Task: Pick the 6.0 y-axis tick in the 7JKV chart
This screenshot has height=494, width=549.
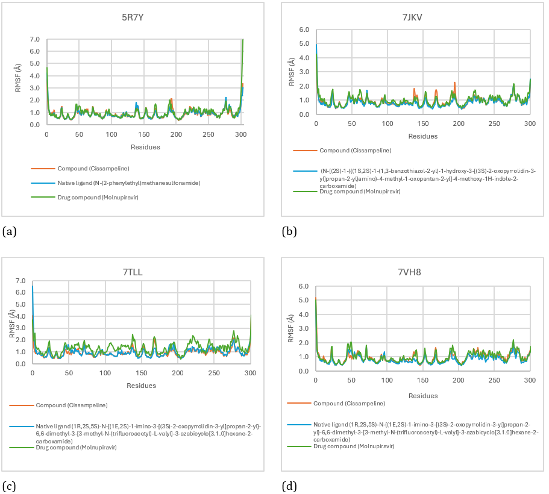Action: pos(304,30)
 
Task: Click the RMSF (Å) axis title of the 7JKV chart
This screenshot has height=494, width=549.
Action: pos(292,72)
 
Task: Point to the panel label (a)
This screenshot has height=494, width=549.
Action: pos(9,231)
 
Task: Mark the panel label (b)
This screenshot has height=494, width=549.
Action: pos(289,231)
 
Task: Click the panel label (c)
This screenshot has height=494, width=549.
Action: pos(9,486)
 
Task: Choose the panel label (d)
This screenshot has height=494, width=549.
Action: pos(289,486)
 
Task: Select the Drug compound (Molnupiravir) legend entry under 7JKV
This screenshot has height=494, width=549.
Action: pos(357,191)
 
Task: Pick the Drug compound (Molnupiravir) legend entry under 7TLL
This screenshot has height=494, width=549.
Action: pos(76,447)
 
